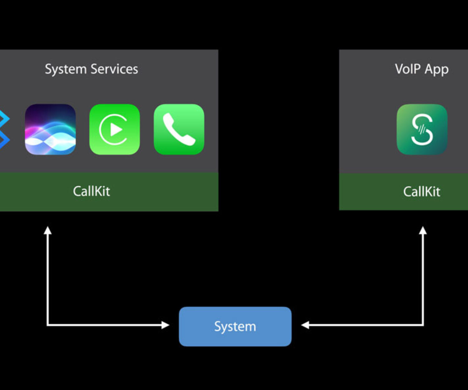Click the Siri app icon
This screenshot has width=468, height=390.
click(50, 129)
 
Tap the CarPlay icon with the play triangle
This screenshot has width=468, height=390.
click(115, 129)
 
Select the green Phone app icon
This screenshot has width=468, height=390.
click(179, 129)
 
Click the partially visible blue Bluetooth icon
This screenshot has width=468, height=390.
click(4, 129)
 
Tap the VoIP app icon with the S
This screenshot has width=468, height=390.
click(422, 129)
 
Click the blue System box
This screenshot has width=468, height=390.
click(235, 326)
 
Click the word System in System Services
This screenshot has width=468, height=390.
click(66, 69)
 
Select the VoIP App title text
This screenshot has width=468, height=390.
click(422, 69)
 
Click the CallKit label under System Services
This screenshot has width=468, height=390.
click(91, 191)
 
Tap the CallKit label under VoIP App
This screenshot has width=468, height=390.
click(422, 192)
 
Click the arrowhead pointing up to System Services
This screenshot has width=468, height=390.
click(47, 230)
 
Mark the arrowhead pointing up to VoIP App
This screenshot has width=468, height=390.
click(423, 230)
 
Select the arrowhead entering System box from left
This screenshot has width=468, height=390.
click(165, 325)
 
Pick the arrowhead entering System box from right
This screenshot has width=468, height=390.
click(305, 325)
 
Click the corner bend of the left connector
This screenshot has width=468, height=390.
click(47, 325)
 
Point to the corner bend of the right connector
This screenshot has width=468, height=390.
click(423, 325)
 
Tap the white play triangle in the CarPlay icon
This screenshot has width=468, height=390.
click(116, 129)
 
